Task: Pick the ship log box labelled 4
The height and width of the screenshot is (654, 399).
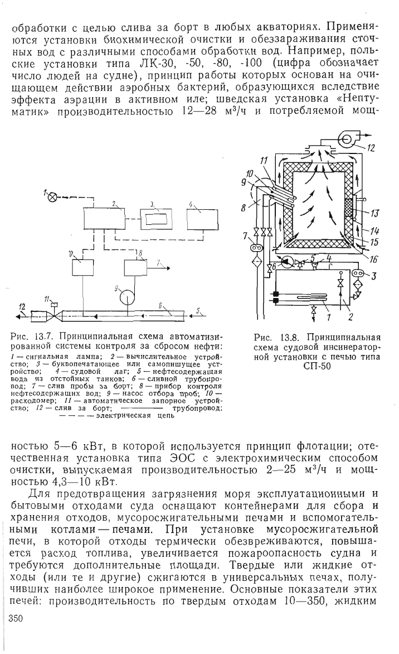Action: [202, 218]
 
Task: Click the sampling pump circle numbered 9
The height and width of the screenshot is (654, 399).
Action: [126, 298]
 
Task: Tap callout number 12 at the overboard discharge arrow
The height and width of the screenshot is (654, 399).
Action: [22, 307]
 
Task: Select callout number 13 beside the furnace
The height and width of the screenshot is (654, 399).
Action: [374, 214]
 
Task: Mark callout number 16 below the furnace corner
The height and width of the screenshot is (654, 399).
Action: [373, 259]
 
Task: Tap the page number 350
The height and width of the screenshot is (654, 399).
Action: [16, 618]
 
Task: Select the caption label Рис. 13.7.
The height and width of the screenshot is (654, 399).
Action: [29, 336]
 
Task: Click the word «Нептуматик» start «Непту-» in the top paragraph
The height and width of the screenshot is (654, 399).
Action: [359, 100]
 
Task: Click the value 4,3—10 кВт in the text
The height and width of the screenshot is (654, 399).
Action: [77, 482]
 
